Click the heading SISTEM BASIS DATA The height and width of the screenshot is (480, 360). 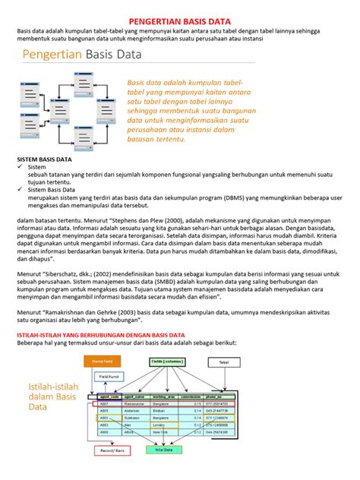coord(45,160)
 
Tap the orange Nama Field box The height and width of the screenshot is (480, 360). coord(103,362)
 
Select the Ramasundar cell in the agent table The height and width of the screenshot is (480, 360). coord(137,403)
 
